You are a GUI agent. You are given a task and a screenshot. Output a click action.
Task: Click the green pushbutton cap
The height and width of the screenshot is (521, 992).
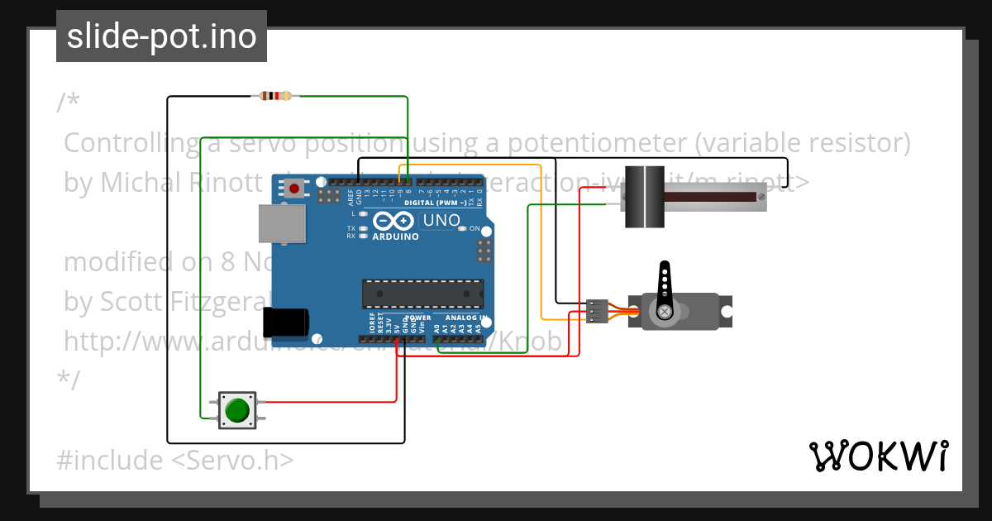pos(237,409)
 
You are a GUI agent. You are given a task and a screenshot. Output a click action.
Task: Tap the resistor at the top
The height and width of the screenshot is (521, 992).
pos(275,96)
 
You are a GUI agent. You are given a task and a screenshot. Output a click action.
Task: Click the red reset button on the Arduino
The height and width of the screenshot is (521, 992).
pos(293,189)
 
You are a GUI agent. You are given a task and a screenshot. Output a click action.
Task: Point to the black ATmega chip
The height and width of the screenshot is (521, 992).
pos(422,293)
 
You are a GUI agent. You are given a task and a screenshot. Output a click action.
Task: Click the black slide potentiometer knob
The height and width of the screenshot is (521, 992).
pos(644,197)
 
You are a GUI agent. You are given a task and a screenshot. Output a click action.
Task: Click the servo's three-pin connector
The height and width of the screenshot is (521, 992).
pos(596,311)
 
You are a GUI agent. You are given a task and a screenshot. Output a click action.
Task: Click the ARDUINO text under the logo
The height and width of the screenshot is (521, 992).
pos(395,237)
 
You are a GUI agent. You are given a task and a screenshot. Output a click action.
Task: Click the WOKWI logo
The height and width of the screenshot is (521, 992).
pos(878,456)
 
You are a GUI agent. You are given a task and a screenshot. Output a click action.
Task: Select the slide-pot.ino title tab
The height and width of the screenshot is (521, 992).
pos(161,36)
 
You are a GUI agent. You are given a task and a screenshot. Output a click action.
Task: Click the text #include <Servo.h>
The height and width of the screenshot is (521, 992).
pos(175,460)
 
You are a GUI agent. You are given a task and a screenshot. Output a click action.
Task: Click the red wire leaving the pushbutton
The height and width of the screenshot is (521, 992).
pos(331,402)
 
